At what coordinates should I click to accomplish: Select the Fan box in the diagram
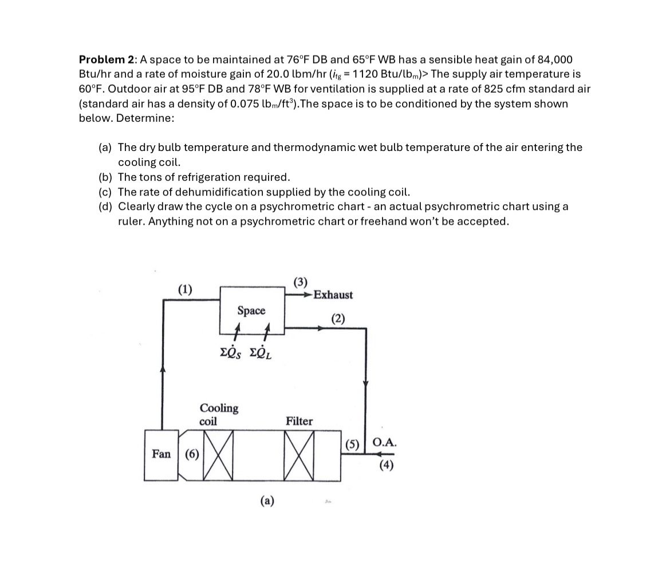[161, 454]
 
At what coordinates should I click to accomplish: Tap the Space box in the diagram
[251, 310]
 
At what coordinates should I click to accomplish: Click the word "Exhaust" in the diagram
[333, 295]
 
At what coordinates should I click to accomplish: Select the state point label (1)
[184, 288]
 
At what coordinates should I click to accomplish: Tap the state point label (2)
[338, 319]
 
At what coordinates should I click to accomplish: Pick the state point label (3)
[300, 281]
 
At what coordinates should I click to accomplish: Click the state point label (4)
[387, 465]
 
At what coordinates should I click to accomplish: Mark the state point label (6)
[191, 454]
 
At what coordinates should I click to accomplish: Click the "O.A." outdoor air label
[384, 442]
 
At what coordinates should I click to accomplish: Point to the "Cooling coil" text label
[219, 414]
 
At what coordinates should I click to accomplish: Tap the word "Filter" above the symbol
[299, 421]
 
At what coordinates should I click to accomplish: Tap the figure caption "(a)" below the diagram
[267, 501]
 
